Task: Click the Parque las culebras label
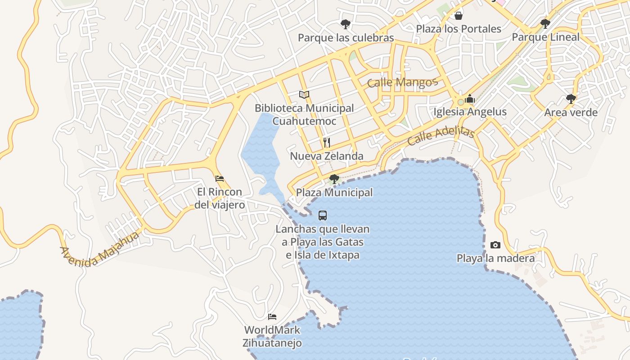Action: [x=346, y=38]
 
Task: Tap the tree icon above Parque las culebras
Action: [x=345, y=24]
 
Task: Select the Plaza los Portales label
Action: [x=458, y=29]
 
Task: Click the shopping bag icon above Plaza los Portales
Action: [x=458, y=16]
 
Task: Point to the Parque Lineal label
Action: [x=545, y=37]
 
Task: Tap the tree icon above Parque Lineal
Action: [x=545, y=23]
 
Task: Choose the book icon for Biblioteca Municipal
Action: [x=304, y=94]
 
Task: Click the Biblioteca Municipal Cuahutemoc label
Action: [x=304, y=115]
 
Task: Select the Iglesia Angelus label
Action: [x=470, y=112]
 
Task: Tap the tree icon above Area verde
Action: [x=571, y=99]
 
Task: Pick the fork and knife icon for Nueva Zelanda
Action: [x=327, y=143]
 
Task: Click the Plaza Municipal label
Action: [x=334, y=193]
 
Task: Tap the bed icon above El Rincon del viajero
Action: [x=220, y=179]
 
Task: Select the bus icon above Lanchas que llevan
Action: [x=323, y=215]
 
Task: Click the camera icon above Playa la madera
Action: [x=495, y=245]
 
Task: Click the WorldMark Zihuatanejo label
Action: [x=272, y=336]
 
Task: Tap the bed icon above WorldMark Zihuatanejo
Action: [x=272, y=316]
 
